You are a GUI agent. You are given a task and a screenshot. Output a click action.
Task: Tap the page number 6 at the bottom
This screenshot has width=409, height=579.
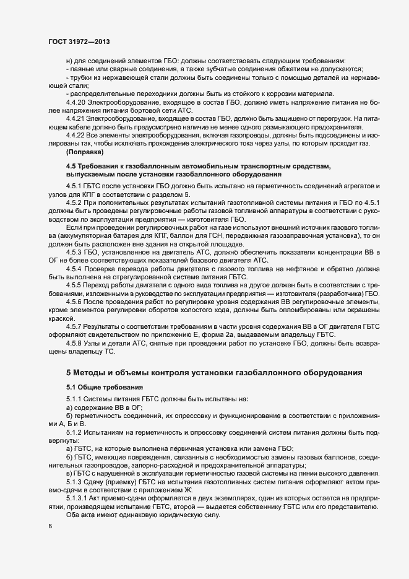click(50, 526)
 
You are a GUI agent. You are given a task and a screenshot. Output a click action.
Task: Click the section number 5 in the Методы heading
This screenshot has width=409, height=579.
click(69, 373)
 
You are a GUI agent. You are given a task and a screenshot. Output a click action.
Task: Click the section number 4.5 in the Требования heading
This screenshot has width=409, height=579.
click(71, 166)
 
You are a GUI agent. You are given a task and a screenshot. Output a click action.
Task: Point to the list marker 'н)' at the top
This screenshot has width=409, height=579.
click(69, 61)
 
